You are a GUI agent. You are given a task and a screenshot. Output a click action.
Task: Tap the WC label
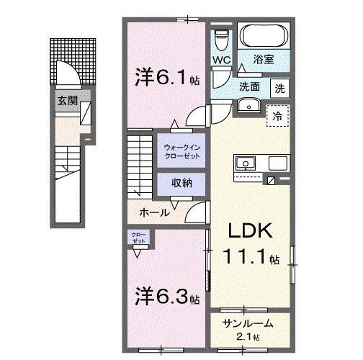coord(221,60)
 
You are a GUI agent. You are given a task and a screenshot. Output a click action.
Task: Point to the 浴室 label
coord(263,61)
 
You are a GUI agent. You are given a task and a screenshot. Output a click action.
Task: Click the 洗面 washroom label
coord(250,86)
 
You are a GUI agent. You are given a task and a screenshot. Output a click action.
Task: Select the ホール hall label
coord(155,212)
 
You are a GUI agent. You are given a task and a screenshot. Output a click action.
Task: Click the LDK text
coord(249,232)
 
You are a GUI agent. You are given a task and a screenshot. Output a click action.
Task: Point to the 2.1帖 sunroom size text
coord(250,337)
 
